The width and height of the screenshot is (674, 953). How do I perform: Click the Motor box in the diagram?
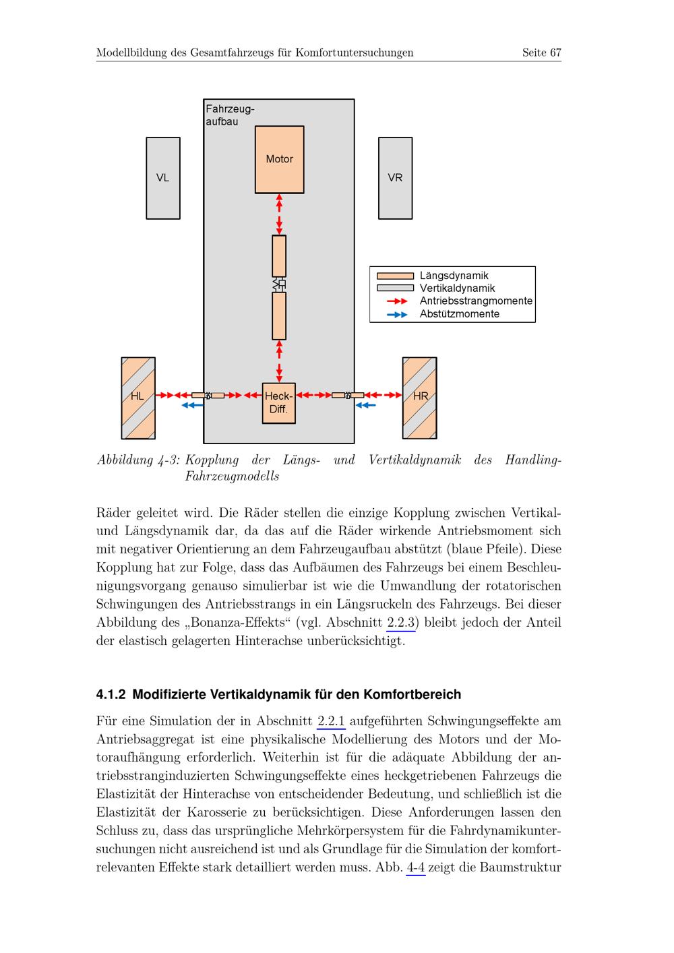coord(279,160)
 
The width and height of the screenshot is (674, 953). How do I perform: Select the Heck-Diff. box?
coord(278,403)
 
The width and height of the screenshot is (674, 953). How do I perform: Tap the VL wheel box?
coord(163,178)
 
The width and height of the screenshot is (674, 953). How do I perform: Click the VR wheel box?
coord(395,178)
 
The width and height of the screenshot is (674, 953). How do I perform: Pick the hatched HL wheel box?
coord(138,398)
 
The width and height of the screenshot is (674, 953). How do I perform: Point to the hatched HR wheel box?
coord(419,398)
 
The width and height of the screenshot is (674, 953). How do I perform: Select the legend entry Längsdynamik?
coord(454,276)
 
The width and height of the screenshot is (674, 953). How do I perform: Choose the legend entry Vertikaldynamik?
coord(457,288)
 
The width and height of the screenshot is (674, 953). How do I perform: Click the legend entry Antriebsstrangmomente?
coord(475,301)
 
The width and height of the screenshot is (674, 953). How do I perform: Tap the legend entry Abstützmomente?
coord(459,314)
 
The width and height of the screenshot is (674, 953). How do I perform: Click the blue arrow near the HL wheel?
coord(193,405)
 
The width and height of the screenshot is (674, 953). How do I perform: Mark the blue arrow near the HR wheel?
coord(365,405)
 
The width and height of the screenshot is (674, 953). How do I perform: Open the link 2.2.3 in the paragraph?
coord(402,623)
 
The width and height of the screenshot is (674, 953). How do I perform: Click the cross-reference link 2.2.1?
coord(331,721)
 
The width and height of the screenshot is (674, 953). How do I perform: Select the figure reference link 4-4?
coord(416,867)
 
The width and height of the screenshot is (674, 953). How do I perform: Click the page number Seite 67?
coord(541,53)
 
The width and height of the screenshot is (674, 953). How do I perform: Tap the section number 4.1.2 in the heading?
coord(111,694)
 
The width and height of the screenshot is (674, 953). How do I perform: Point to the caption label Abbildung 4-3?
coord(138,460)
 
